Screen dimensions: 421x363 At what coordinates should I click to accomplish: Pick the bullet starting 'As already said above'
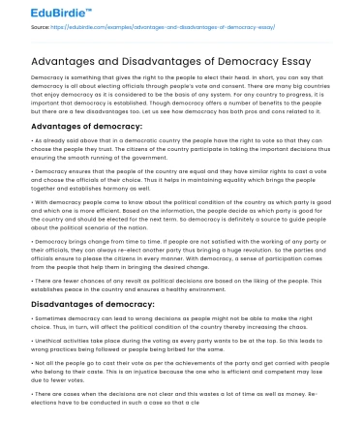[180, 151]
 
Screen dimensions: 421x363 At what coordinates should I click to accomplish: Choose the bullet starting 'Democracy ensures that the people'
[180, 179]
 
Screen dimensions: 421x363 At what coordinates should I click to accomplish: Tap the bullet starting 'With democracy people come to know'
[180, 216]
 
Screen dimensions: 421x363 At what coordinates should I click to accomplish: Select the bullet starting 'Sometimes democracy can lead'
[180, 326]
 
